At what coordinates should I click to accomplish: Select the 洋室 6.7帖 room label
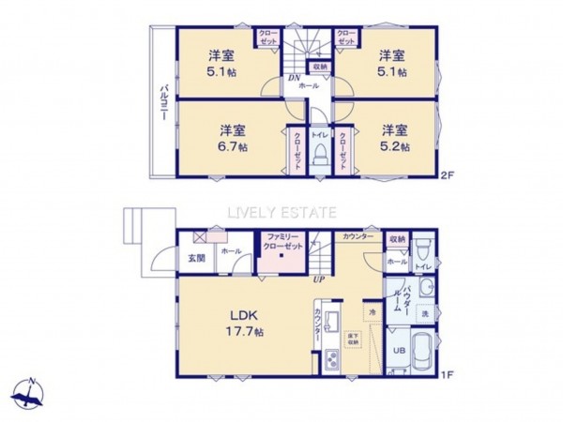pos(234,137)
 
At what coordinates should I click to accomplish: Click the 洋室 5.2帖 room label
pos(394,137)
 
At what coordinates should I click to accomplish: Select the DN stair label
pos(293,78)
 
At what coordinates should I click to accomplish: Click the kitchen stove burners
pos(333,361)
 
